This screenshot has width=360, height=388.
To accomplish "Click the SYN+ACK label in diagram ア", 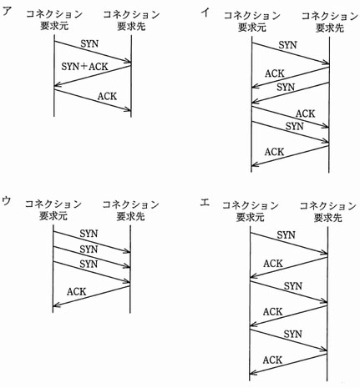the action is coord(84,67).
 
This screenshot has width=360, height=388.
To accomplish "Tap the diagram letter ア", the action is coord(8,12).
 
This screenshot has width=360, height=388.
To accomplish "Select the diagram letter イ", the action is coord(205,13).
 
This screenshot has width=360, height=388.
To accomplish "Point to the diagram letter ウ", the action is coord(6,201).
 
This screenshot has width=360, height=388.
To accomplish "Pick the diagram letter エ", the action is coord(205,203).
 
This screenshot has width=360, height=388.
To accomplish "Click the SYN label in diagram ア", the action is coord(89,43).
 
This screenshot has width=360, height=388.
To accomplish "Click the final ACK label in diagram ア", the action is coord(107,96).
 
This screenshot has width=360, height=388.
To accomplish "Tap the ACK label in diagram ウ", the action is coord(77,291).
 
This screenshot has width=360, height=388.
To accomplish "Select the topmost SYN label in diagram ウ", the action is coord(89,234).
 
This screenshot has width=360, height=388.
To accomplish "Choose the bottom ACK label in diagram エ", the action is coord(273,360).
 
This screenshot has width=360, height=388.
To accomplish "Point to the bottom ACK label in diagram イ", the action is coord(275,152).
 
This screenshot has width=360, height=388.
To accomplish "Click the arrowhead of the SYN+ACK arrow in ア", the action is coord(56,85).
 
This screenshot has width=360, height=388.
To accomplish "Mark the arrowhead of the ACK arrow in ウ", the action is coord(54,305).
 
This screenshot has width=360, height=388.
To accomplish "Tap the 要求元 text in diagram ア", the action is coord(54,26).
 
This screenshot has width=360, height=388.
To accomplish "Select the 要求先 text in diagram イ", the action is coord(329,28).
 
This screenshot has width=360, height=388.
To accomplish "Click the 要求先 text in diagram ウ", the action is coord(130,216).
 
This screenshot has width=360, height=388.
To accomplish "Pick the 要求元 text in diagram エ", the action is coord(250,218).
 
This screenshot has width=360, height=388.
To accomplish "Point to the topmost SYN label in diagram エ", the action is coord(286,235).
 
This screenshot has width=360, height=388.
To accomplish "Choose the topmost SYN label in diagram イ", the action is coord(287,45).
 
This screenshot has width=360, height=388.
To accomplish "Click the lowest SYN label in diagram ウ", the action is coord(89,264).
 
